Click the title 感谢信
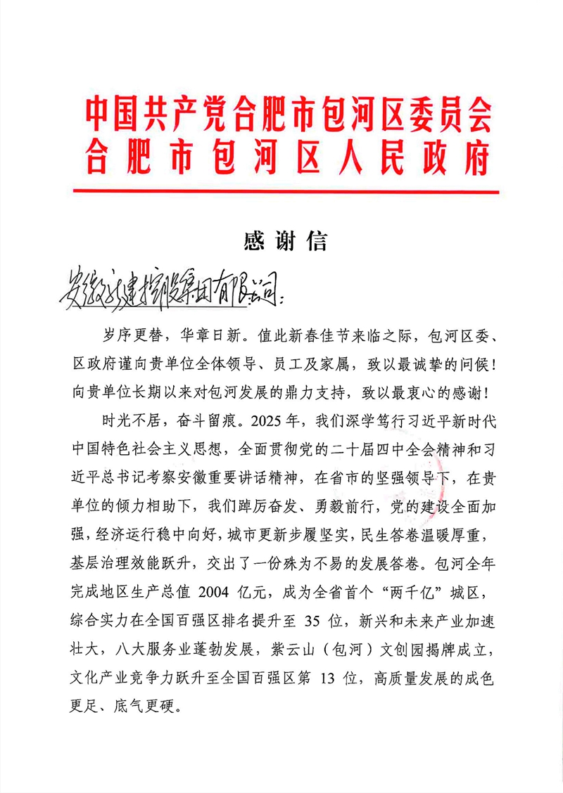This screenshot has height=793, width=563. pyautogui.click(x=285, y=242)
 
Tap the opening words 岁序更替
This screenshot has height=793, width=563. pyautogui.click(x=127, y=330)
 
